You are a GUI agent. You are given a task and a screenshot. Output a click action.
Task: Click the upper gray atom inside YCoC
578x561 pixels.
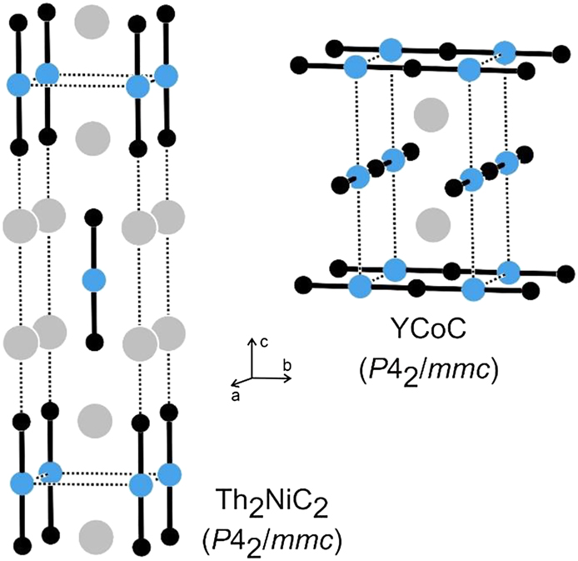click(431, 113)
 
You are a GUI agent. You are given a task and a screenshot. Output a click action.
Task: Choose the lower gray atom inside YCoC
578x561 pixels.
click(431, 222)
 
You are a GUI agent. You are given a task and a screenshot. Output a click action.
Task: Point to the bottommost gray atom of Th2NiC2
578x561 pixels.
click(97, 533)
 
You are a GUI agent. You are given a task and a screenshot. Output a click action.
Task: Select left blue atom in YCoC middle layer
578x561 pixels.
click(358, 176)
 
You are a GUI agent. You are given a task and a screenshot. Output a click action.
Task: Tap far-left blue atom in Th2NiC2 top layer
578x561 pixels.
click(17, 83)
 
